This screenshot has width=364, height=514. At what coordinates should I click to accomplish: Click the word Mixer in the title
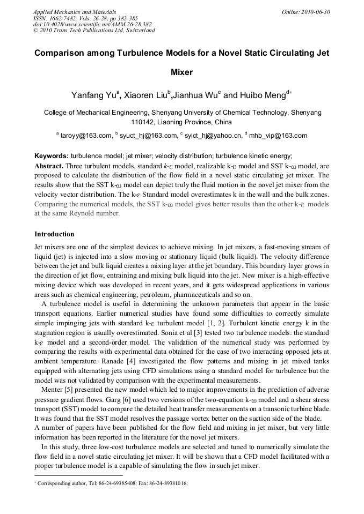tap(181, 72)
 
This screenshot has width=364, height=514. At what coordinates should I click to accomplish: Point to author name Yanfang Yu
tap(93, 95)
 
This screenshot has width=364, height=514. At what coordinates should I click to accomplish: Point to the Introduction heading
tap(54, 234)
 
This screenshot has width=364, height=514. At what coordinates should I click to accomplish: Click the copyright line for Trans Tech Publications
tap(94, 31)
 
